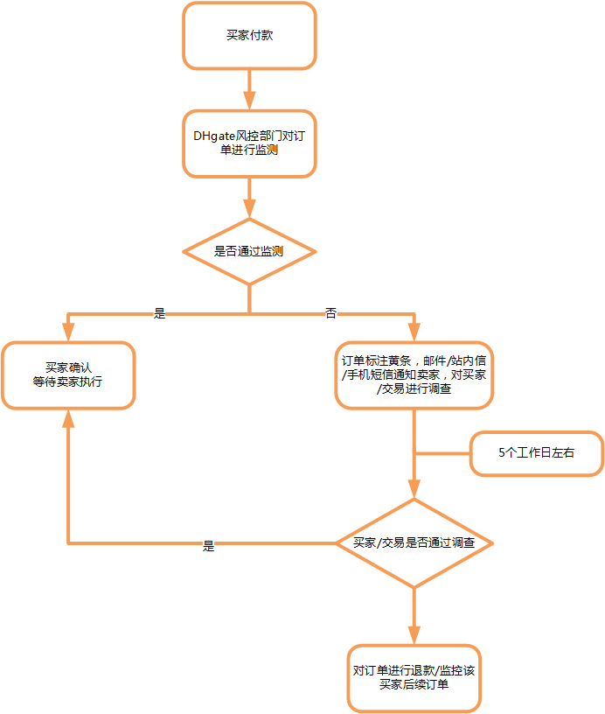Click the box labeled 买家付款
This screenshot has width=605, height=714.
tap(249, 36)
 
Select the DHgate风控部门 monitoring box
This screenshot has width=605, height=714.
tap(249, 143)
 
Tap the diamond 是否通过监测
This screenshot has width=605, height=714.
tap(249, 251)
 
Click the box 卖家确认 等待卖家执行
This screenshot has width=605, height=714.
tap(68, 374)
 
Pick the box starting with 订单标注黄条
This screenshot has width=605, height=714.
tap(414, 374)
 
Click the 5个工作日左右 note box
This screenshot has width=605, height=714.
tap(537, 453)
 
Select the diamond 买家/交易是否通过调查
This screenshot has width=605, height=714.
tap(414, 543)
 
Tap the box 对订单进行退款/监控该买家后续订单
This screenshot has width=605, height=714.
tap(414, 678)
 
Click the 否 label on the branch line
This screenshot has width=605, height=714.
tap(330, 313)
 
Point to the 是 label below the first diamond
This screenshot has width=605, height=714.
tap(159, 313)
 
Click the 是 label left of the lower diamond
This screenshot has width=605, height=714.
tap(208, 545)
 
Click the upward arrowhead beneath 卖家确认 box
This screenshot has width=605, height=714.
tap(68, 418)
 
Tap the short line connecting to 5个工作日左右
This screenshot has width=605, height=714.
tap(442, 453)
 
